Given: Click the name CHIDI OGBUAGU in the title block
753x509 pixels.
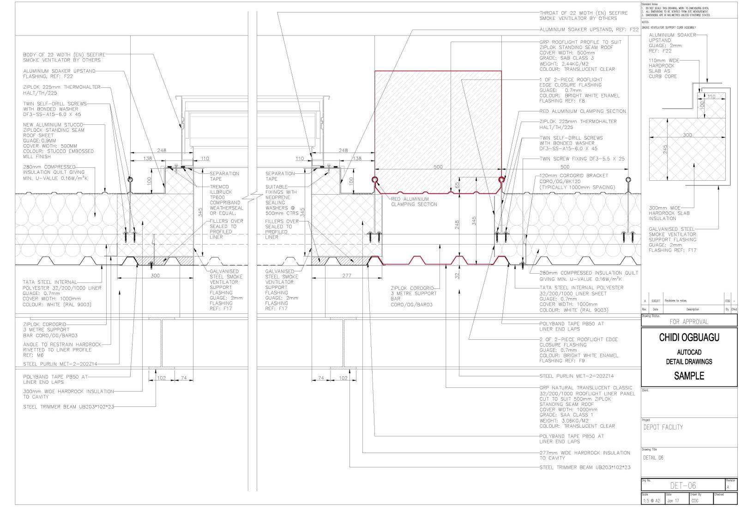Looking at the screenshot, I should [x=689, y=338].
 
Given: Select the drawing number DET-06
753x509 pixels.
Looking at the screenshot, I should [x=683, y=485].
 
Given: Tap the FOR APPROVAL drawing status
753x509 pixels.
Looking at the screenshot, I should [x=689, y=322].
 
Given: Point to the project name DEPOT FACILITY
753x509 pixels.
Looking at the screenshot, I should [x=663, y=427].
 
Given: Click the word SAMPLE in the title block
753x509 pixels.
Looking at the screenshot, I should [x=689, y=376].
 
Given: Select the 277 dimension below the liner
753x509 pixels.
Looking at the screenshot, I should [x=347, y=276].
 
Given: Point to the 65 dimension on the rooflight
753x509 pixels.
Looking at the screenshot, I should [x=457, y=185].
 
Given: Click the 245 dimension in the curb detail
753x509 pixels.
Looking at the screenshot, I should [x=665, y=150].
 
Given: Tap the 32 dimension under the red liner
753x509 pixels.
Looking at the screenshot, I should [x=457, y=276].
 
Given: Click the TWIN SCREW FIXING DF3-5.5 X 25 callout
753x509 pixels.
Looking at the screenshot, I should [x=582, y=159].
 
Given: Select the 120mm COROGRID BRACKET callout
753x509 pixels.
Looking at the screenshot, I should [x=577, y=181].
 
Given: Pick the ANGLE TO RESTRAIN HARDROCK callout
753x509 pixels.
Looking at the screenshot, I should [x=62, y=350].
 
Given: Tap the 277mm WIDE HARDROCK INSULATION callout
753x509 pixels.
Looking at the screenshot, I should [x=584, y=455].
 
